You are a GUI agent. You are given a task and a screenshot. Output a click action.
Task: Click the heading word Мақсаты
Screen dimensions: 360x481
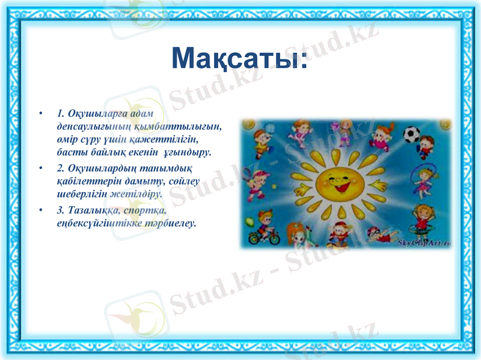tap(239, 58)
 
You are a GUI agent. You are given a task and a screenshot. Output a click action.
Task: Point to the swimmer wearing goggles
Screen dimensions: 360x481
tap(376, 231)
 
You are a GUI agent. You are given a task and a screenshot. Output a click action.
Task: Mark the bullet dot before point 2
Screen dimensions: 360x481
tap(40, 167)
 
